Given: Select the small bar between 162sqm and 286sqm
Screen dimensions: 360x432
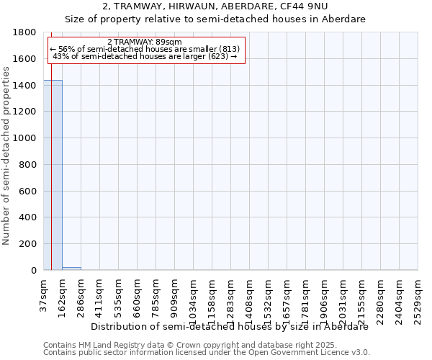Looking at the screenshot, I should pos(71,268).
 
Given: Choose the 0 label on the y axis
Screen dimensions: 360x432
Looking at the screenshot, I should pos(35,271).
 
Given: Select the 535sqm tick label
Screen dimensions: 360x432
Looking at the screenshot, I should pos(119,292).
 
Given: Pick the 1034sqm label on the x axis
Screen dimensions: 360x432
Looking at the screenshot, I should pos(194,295).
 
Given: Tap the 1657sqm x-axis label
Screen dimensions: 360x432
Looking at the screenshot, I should pos(287,295).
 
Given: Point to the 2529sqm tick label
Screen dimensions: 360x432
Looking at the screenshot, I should pos(418,295).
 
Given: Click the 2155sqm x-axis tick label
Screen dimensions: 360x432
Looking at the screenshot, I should pos(362,295).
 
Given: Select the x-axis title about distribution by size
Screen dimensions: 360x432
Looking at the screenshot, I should pos(230,326).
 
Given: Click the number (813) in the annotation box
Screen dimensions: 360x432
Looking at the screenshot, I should pos(225,49).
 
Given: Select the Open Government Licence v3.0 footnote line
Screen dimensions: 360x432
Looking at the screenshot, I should pos(207,353).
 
